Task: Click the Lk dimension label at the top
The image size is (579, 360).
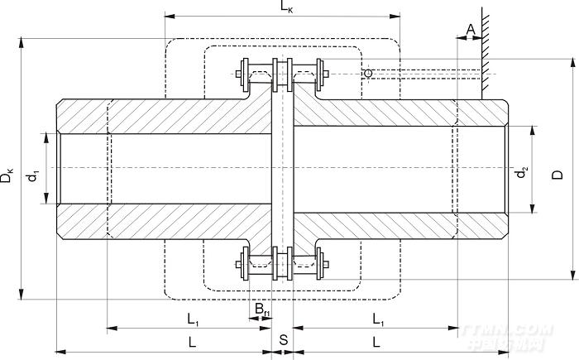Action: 285,7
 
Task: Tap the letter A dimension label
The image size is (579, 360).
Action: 471,30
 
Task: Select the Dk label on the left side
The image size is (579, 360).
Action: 7,176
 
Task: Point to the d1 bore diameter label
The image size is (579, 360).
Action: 32,175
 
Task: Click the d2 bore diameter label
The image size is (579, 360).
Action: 521,174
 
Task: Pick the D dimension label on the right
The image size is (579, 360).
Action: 558,175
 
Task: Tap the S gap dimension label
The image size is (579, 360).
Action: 283,340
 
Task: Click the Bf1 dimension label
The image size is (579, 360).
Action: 261,310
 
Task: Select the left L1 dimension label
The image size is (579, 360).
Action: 191,319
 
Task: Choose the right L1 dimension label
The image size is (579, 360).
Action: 377,319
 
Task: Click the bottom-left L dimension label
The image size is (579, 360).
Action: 192,341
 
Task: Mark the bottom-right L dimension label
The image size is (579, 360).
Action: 376,341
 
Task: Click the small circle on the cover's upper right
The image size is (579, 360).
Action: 367,74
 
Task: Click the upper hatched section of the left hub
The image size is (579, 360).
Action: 165,116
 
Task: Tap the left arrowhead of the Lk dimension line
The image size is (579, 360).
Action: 168,15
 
